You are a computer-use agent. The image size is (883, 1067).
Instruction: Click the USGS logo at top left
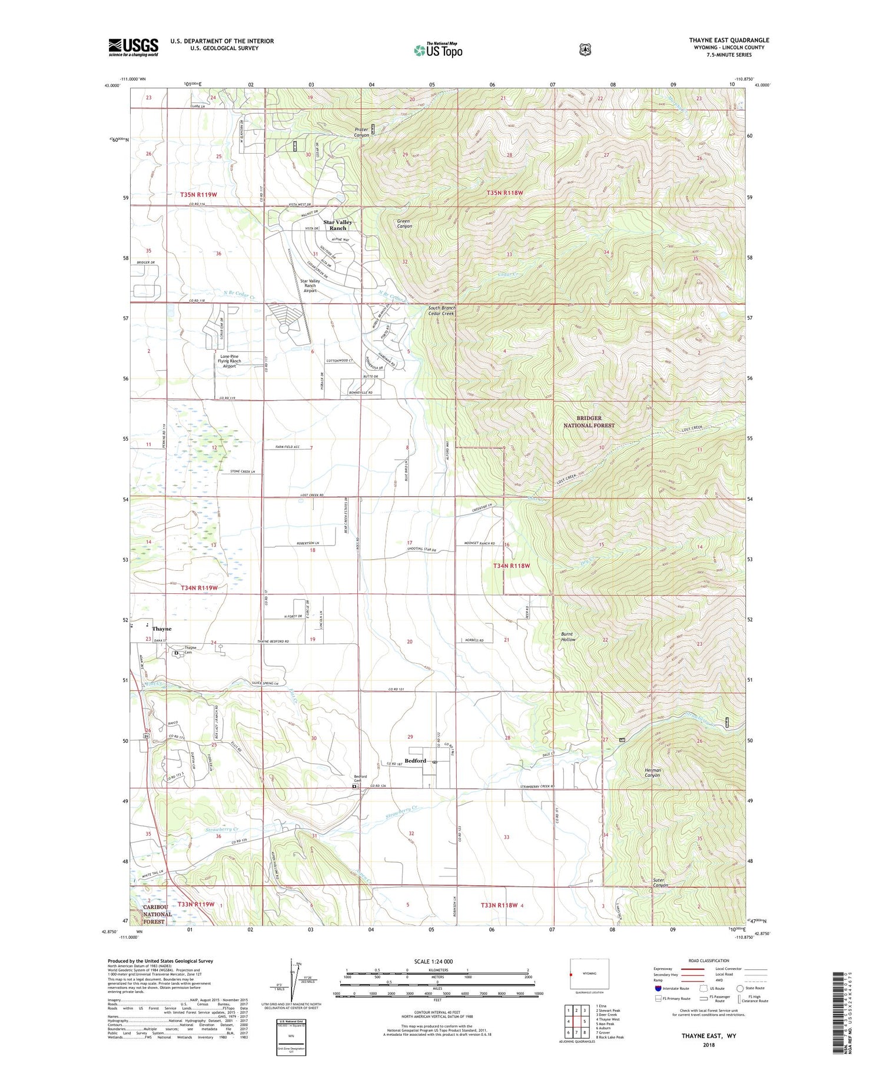(x=133, y=47)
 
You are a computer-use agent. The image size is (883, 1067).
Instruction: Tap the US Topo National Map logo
(x=438, y=50)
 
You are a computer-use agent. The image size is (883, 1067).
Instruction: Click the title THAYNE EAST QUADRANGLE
(x=729, y=40)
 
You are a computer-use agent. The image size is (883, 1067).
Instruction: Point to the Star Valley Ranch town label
(x=337, y=225)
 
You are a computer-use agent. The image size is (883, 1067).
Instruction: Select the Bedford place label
(x=415, y=760)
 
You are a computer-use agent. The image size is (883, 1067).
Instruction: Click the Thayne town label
(x=162, y=629)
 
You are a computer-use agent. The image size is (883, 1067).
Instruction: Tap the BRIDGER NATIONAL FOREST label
(x=589, y=421)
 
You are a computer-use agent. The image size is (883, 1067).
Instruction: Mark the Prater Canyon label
(x=361, y=132)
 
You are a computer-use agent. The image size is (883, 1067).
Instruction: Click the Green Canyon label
(x=404, y=224)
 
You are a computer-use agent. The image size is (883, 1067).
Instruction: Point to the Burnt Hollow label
(x=567, y=637)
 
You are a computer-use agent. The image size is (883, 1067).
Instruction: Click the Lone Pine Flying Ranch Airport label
(x=229, y=361)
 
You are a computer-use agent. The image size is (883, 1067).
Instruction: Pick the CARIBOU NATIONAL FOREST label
(x=157, y=914)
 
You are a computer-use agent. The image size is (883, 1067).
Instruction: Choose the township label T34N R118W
(x=512, y=566)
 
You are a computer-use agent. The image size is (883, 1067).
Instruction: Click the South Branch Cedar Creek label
(x=441, y=310)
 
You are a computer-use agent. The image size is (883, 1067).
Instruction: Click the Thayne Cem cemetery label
(x=191, y=650)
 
